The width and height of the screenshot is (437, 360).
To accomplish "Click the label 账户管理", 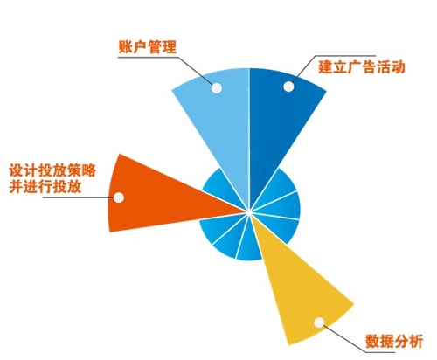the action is pos(148,46).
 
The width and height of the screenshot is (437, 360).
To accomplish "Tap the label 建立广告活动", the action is pos(362,67).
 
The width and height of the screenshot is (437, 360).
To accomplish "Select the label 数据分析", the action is pos(394,342).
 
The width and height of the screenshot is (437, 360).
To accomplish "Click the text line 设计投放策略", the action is pos(52,170).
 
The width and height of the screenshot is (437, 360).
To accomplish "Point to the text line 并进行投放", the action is pos(45,186).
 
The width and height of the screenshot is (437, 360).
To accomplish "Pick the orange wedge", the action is pos(163,198).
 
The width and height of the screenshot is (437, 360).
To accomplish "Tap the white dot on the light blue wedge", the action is pos(217,87).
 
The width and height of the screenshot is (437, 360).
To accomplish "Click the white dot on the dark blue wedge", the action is pos(288,87).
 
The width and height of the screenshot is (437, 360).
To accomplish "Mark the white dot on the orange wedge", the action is pos(119,197).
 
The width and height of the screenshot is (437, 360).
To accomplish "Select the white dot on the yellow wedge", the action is pos(319,322).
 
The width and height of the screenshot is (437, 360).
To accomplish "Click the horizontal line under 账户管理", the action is pos(148,57).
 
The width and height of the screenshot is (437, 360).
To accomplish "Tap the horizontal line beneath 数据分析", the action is pos(394,352).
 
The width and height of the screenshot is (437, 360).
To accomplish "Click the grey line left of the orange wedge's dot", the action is pos(78,197).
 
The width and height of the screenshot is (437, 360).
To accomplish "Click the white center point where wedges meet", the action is pos(248,212).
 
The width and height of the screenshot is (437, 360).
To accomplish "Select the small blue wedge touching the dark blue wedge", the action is pos(278,186).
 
